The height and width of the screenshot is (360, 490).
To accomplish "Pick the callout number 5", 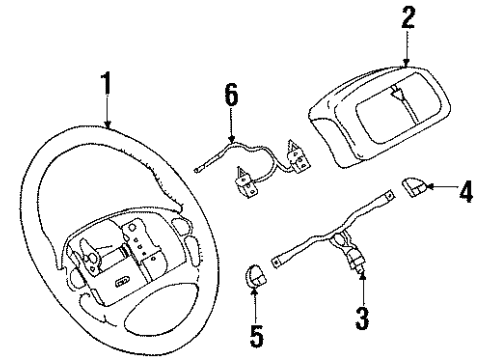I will point(257,334).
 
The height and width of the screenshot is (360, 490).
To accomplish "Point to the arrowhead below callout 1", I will point(107,127).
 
